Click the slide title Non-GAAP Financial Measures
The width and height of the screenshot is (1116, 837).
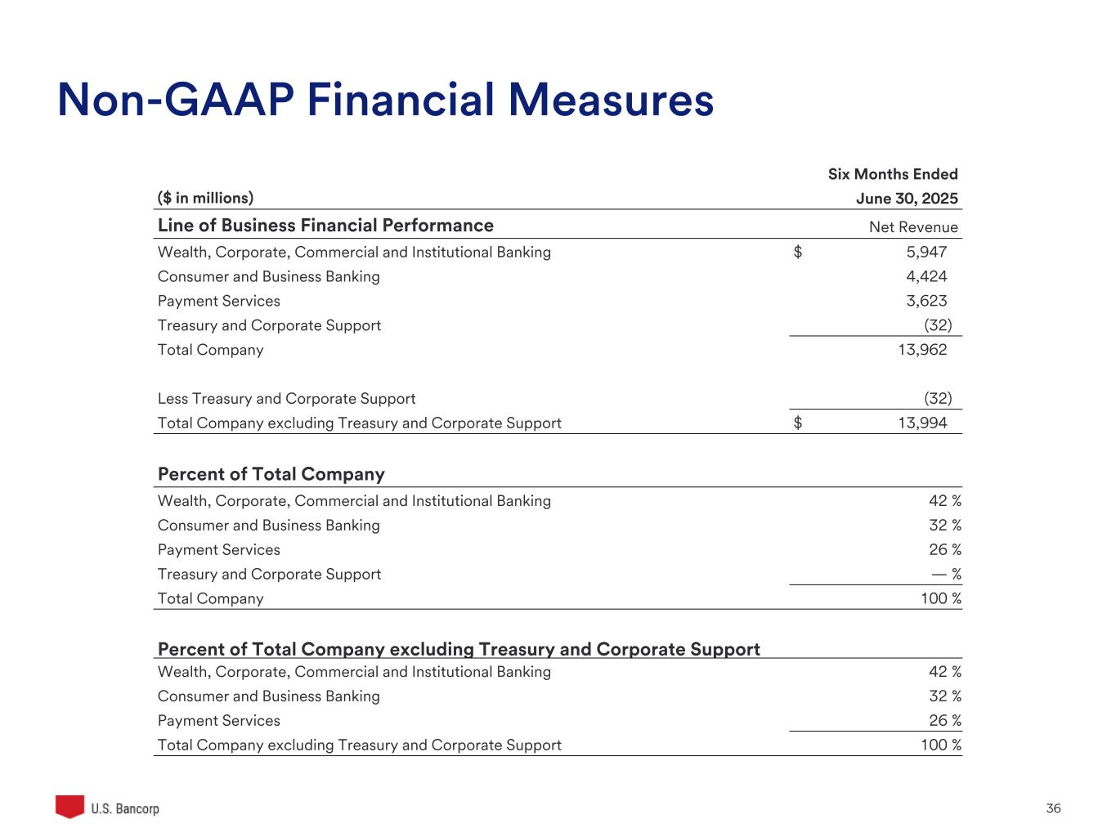coord(385,101)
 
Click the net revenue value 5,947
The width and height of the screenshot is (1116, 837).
coord(926,252)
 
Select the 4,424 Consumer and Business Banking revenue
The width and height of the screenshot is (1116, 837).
coord(926,276)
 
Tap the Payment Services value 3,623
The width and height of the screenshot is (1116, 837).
coord(926,301)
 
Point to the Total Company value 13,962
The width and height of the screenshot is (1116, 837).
coord(922,350)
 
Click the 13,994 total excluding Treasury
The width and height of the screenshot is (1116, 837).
coord(922,423)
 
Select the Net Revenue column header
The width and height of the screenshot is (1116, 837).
coord(913,227)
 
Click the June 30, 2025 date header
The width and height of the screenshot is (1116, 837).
coord(907,199)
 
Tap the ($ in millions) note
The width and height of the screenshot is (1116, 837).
coord(205,198)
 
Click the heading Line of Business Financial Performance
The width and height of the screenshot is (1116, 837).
coord(325,226)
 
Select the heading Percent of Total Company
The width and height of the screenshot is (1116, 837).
coord(271,474)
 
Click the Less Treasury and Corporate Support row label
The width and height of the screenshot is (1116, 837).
coord(286,399)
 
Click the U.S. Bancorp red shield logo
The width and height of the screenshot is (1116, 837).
coord(70,806)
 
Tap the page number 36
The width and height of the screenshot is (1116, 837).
coord(1053,808)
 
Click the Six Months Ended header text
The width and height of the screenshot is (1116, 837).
coord(893,174)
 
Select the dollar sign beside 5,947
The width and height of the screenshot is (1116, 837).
coord(798,252)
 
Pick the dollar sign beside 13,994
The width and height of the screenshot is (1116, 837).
coord(798,423)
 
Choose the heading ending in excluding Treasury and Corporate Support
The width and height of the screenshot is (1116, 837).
coord(459,649)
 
